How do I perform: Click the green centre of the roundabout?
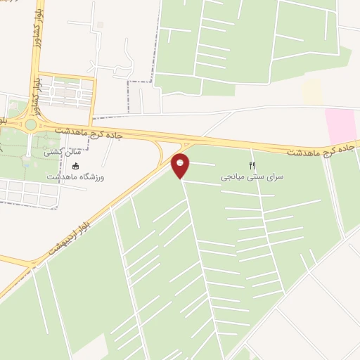(31, 125)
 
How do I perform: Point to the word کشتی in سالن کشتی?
(52, 151)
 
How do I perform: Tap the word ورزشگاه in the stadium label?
(91, 177)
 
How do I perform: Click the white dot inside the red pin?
(181, 162)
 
